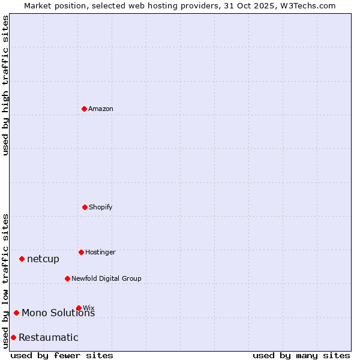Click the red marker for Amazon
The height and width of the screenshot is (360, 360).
point(84,109)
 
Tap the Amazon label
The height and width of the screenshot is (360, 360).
point(101,109)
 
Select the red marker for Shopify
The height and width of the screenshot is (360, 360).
point(85,207)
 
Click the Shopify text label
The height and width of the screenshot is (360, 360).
point(100,208)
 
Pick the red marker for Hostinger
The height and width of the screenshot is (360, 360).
point(81,252)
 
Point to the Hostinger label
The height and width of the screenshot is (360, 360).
point(100,253)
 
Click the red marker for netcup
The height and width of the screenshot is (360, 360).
point(22,259)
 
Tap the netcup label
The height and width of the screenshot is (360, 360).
point(43,259)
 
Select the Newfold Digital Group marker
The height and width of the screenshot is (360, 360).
point(67,278)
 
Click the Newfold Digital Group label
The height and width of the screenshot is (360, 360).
point(106,279)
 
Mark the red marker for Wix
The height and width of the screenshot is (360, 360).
point(79,308)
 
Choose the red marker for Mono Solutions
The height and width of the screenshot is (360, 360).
point(16,313)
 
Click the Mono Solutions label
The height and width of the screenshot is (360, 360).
point(58,313)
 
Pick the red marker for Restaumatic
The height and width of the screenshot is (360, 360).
point(13,337)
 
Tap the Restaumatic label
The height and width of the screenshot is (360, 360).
point(49,338)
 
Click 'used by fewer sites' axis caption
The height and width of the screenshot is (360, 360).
point(62,355)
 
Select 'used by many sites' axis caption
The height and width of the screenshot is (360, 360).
point(301,355)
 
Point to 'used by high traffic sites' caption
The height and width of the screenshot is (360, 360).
point(5,85)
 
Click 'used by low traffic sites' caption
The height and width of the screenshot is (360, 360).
point(5,281)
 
